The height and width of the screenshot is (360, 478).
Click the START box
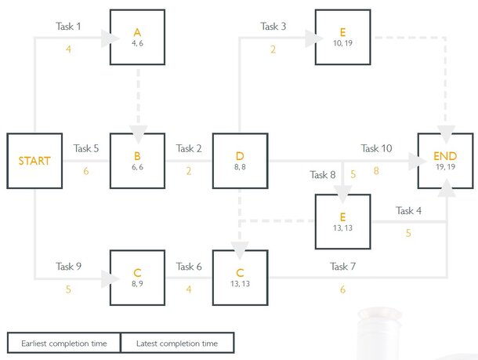34,161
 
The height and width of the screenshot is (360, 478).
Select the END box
446,161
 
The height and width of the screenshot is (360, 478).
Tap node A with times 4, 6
137,37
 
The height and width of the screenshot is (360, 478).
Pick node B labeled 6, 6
137,161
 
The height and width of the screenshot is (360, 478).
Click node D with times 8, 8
240,161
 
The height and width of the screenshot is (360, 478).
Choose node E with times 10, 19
342,37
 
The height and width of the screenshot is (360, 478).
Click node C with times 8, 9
137,278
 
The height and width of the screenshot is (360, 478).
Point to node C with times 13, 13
240,278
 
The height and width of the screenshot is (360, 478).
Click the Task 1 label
68,27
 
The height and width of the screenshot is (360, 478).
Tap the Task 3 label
273,27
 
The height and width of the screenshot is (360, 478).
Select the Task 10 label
377,148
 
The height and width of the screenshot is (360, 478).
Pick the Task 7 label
342,267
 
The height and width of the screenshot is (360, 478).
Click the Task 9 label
68,267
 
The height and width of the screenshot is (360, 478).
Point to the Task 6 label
189,267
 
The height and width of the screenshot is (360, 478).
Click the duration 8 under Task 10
376,170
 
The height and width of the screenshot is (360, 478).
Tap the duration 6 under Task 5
86,171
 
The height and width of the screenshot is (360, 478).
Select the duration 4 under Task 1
68,49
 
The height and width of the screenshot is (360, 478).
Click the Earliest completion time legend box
63,344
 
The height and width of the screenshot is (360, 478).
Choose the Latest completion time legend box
177,344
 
